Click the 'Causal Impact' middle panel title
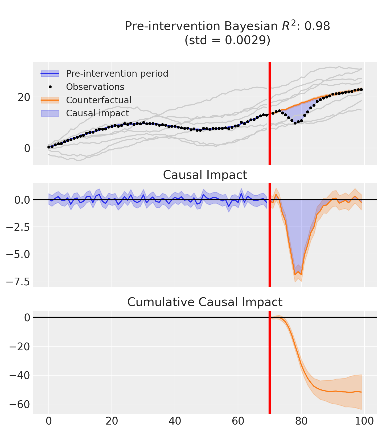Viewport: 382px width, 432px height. pyautogui.click(x=205, y=175)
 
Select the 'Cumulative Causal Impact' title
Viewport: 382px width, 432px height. pyautogui.click(x=205, y=302)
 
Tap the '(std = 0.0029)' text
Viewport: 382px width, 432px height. pyautogui.click(x=228, y=40)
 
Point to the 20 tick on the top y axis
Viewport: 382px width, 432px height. pyautogui.click(x=24, y=97)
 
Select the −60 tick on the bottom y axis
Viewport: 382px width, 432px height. pyautogui.click(x=20, y=405)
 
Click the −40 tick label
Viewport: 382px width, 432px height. pyautogui.click(x=20, y=376)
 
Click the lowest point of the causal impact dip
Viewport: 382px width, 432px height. pyautogui.click(x=295, y=275)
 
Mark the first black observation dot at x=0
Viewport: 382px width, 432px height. pyautogui.click(x=49, y=147)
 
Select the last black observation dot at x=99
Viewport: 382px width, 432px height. pyautogui.click(x=361, y=90)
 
